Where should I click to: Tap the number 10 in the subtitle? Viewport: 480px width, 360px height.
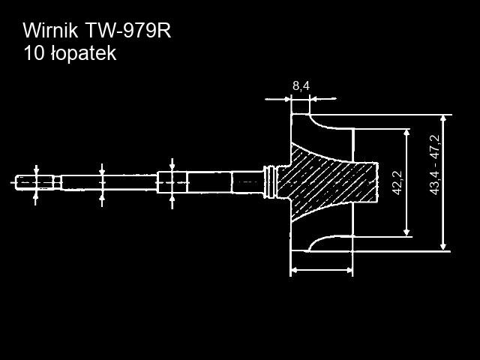33,54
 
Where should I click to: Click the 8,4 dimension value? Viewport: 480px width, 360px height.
301,86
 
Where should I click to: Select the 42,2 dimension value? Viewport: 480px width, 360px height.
397,183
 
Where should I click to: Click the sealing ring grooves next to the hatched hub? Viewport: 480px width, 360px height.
271,181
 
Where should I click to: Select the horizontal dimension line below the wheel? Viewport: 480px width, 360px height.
321,270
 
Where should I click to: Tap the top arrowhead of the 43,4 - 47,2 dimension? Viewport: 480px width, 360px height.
444,119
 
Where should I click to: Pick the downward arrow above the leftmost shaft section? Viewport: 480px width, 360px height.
37,168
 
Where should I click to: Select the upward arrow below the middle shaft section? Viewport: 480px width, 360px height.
103,198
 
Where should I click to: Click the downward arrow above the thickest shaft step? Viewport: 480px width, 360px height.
172,165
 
